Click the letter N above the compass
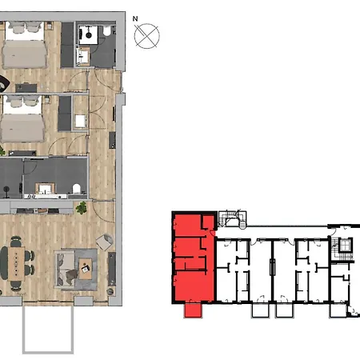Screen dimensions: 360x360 coord(135,18)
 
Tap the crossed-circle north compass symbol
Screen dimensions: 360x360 coord(147,36)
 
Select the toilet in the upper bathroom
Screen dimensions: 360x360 coord(106,31)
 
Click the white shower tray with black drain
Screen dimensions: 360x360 coord(88,34)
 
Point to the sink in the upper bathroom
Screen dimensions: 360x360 coord(83,56)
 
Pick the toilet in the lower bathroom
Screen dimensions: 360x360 coord(76,189)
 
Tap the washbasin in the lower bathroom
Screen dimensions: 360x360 coord(45,189)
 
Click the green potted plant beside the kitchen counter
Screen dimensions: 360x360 coord(81,208)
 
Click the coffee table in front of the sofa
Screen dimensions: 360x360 coord(85,269)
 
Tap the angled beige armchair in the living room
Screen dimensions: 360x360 coord(104,242)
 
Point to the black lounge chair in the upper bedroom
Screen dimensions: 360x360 coord(4,84)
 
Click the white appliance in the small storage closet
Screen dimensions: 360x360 coord(80,121)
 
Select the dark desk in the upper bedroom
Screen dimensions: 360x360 coord(26,88)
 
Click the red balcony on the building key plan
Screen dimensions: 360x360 coord(193,310)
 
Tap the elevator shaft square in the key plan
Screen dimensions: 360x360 coord(346,246)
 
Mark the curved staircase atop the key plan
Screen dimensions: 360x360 coord(232,220)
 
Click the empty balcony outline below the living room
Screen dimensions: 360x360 coord(48,330)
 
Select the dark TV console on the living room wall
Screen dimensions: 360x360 coord(112,269)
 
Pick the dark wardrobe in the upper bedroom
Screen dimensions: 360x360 coord(67,45)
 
